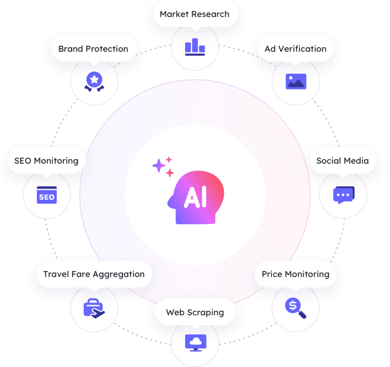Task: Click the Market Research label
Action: pos(195,14)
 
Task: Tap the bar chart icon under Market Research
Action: pos(195,47)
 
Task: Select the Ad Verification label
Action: pos(296,49)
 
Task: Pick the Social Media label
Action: pos(342,161)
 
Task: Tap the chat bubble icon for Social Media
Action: pos(344,195)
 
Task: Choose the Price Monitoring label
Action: pos(296,274)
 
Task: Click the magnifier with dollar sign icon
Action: pos(296,308)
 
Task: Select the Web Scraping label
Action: pos(195,313)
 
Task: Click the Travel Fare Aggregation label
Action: pos(94,274)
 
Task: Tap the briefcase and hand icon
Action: pos(94,308)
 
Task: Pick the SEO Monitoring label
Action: pos(46,161)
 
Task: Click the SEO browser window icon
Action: pos(46,195)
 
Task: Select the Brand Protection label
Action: pos(93,49)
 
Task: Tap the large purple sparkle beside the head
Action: pos(158,166)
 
